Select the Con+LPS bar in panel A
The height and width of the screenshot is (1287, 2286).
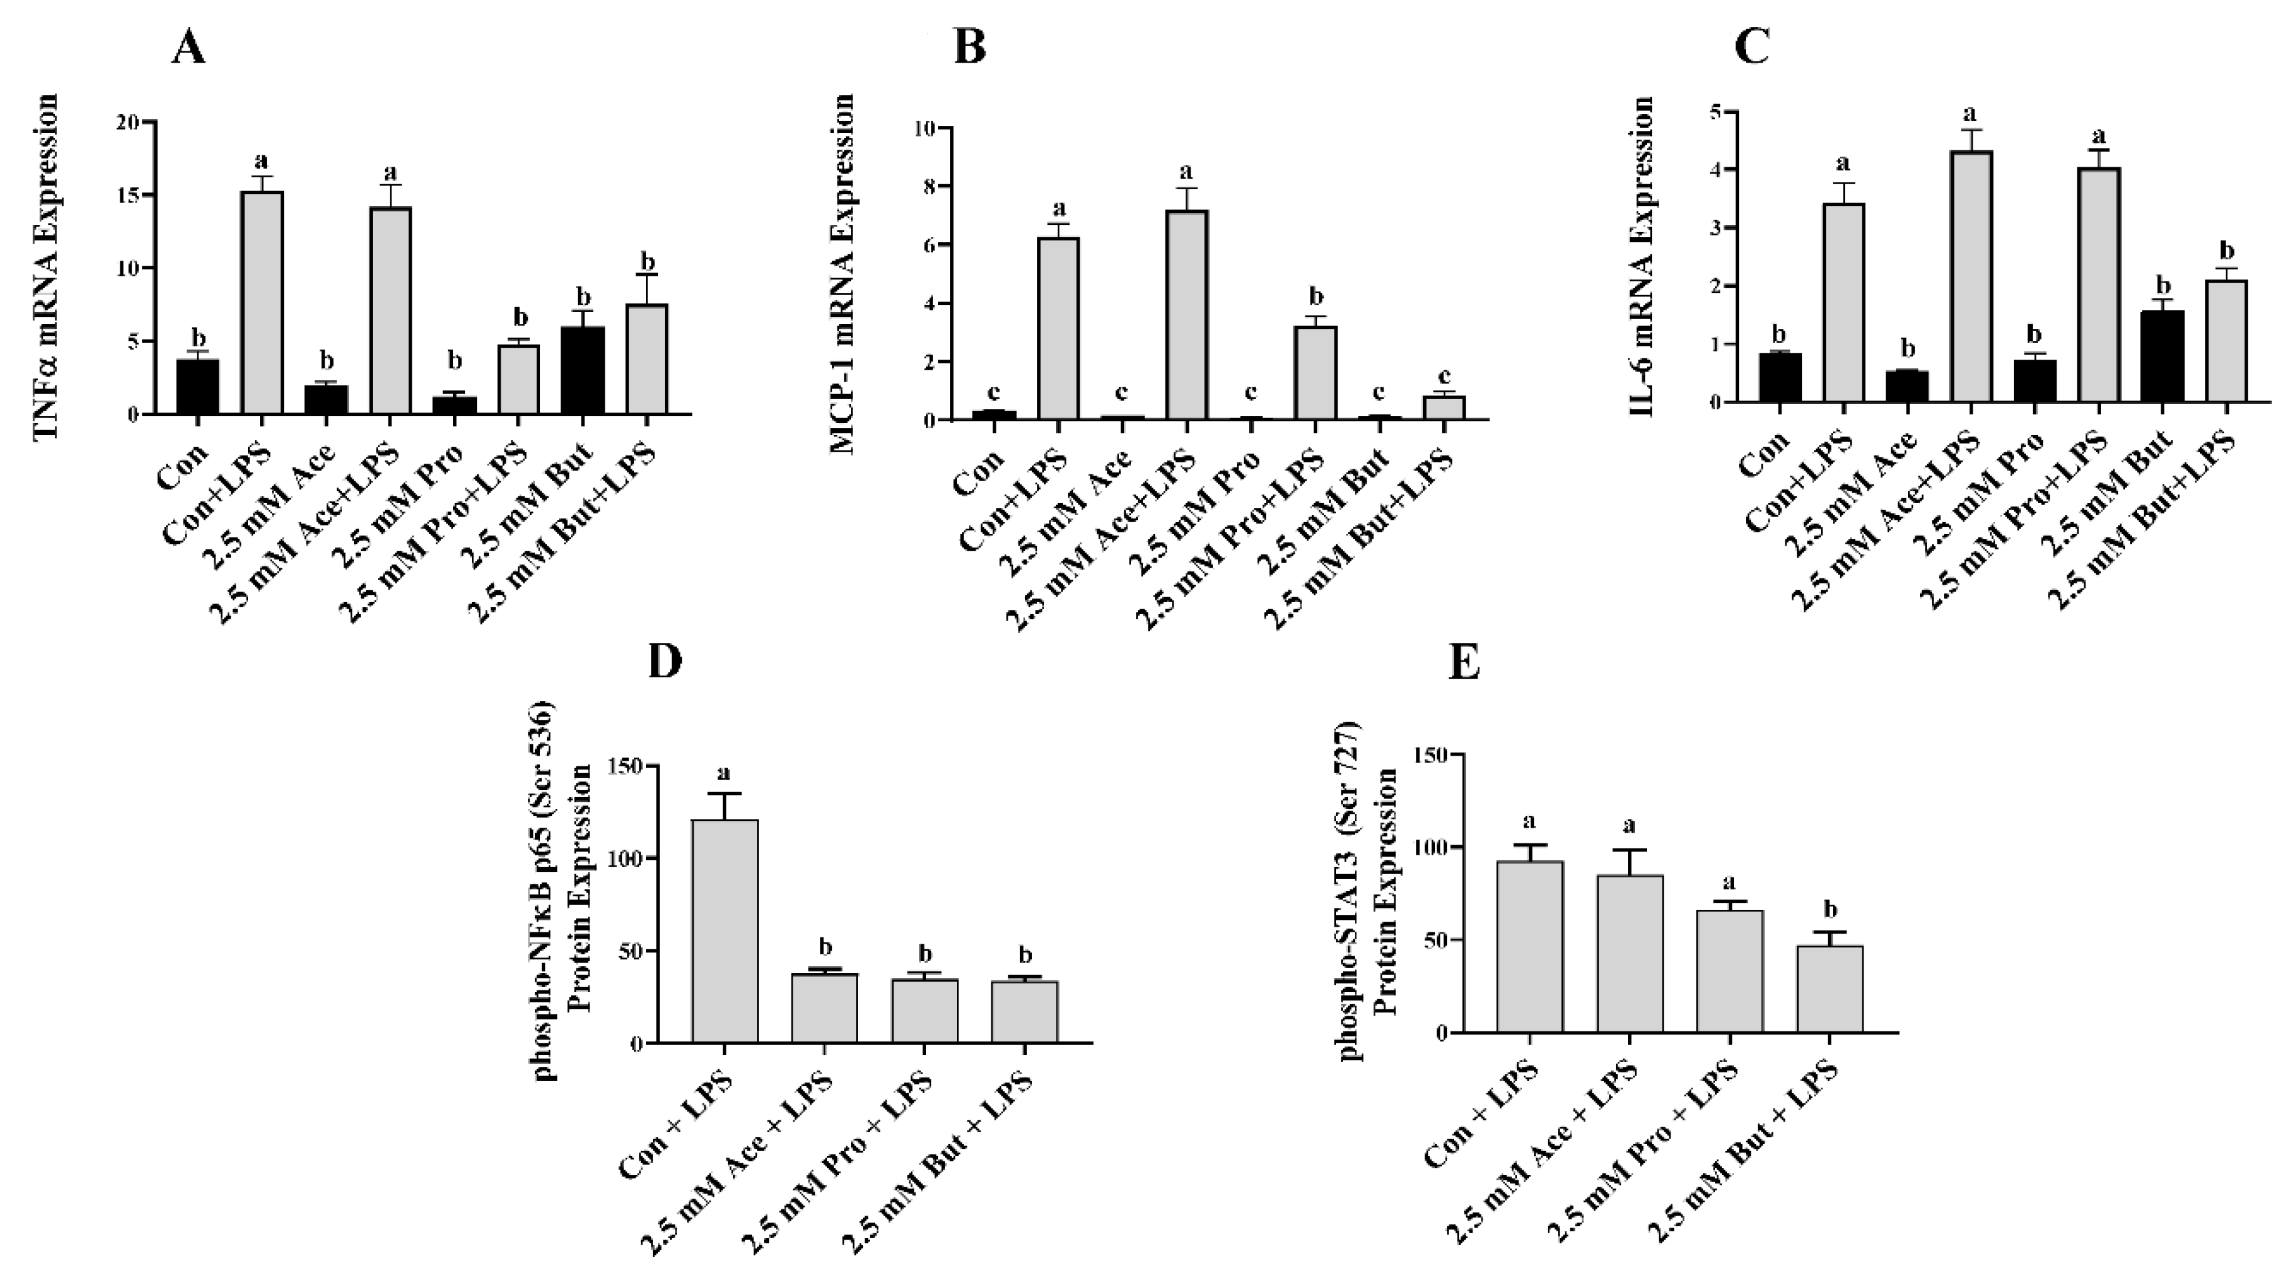[x=262, y=303]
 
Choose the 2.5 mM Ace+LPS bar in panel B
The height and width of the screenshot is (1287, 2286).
[x=1186, y=315]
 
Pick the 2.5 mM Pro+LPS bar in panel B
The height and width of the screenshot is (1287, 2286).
[x=1315, y=373]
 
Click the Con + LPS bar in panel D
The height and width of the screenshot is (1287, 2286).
[x=725, y=931]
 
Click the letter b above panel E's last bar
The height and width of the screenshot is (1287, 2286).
[x=1829, y=909]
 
